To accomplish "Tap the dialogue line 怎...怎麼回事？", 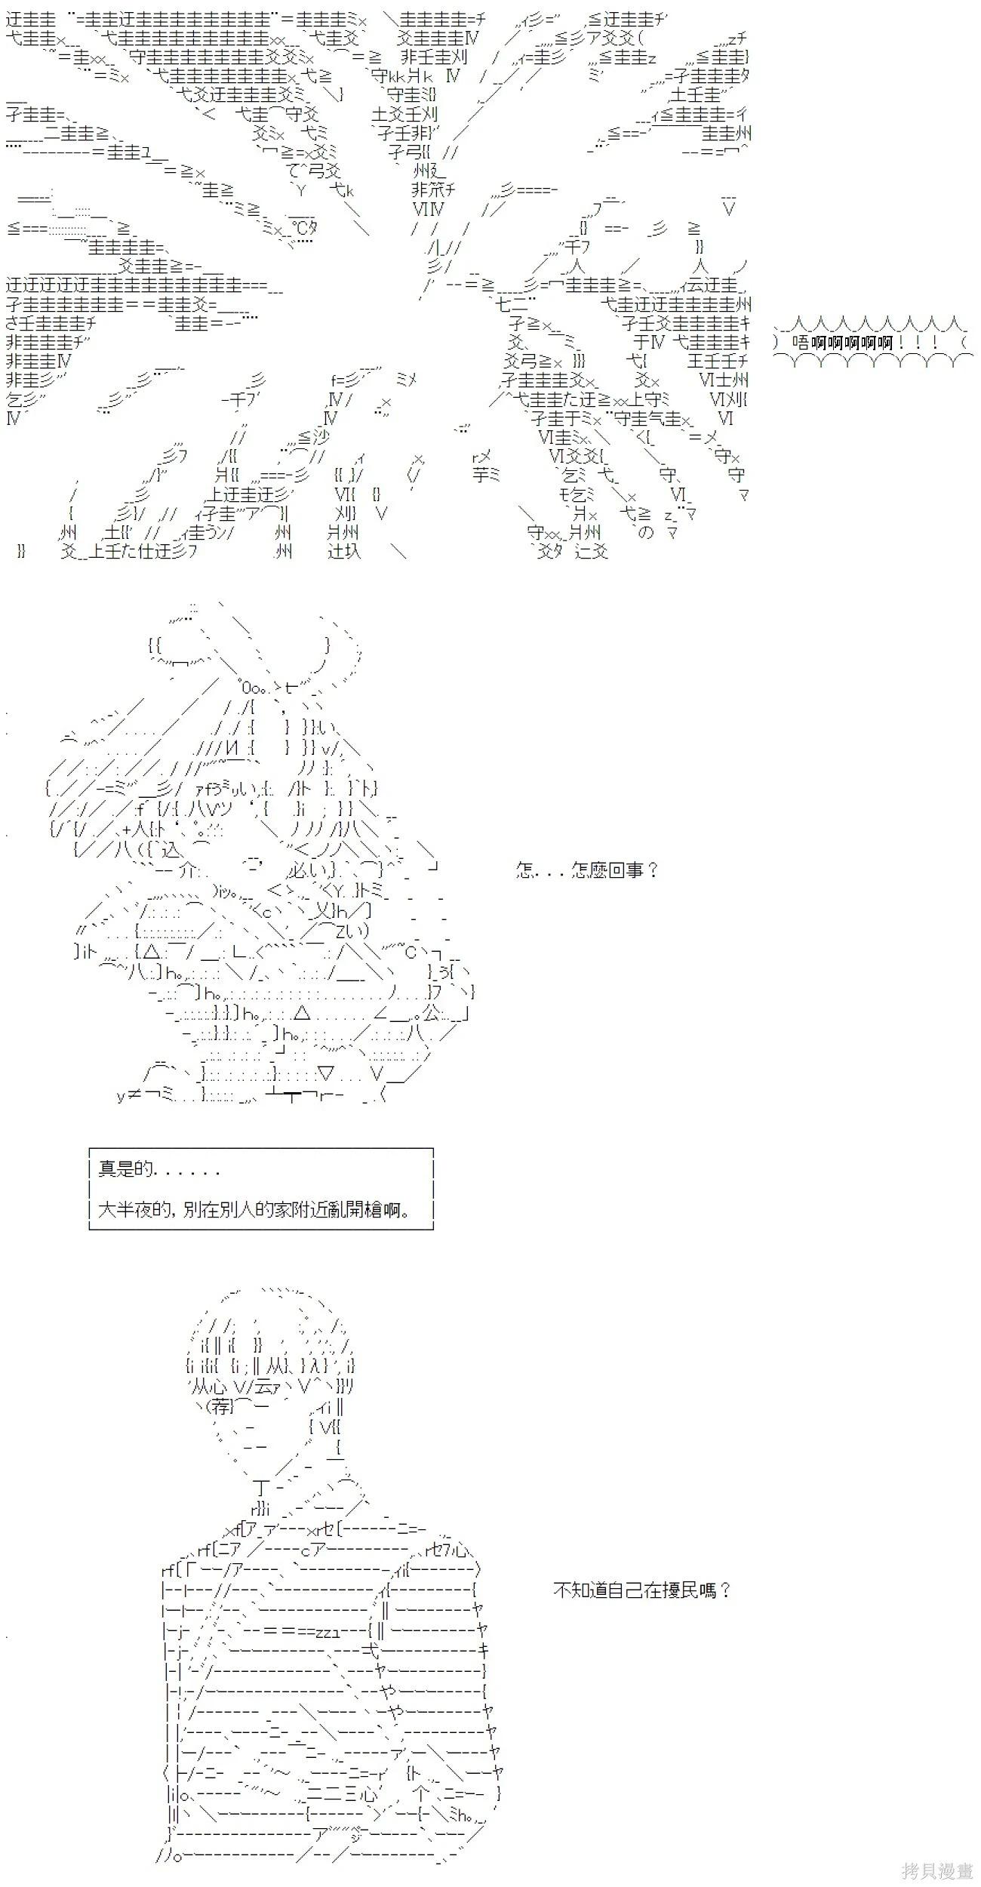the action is click(x=587, y=870).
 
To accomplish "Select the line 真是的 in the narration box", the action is click(x=158, y=1169).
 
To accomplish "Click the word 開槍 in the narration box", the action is click(x=374, y=1209).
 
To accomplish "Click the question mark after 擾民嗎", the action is click(x=725, y=1590).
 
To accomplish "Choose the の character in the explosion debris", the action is click(x=646, y=532).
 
